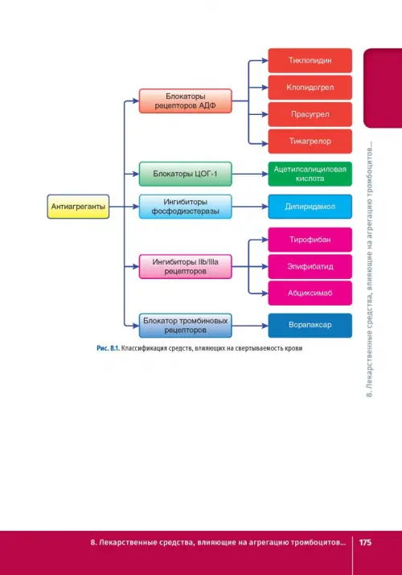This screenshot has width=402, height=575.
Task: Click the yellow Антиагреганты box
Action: pyautogui.click(x=78, y=207)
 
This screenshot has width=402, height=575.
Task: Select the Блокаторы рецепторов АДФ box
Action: pyautogui.click(x=186, y=101)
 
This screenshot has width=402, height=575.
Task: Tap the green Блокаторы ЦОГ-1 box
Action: pyautogui.click(x=186, y=174)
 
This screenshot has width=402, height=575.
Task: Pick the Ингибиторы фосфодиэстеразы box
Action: pyautogui.click(x=186, y=207)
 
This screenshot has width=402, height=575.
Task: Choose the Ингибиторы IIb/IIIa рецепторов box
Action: pyautogui.click(x=186, y=267)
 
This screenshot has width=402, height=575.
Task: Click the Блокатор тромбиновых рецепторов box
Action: pyautogui.click(x=186, y=325)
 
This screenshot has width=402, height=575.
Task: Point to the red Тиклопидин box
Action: pyautogui.click(x=310, y=60)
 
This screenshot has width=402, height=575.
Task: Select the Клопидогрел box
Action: pyautogui.click(x=310, y=88)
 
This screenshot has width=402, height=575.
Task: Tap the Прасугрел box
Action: pyautogui.click(x=310, y=114)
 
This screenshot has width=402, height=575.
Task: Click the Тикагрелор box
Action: pyautogui.click(x=310, y=142)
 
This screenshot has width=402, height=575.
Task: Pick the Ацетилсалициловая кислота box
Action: pyautogui.click(x=310, y=174)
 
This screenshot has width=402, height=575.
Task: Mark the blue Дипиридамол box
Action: pyautogui.click(x=310, y=207)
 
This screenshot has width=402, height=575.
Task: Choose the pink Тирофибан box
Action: pyautogui.click(x=310, y=240)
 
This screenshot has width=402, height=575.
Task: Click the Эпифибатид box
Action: pyautogui.click(x=310, y=267)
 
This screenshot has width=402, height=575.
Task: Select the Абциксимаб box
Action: pyautogui.click(x=310, y=293)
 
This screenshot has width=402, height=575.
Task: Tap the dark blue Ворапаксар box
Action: pyautogui.click(x=310, y=325)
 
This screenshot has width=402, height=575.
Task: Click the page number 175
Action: pyautogui.click(x=365, y=542)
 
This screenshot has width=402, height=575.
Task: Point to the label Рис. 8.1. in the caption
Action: pyautogui.click(x=108, y=348)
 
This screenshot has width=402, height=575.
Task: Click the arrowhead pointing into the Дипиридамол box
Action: pyautogui.click(x=265, y=207)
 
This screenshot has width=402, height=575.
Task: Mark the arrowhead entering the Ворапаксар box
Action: pyautogui.click(x=265, y=325)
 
